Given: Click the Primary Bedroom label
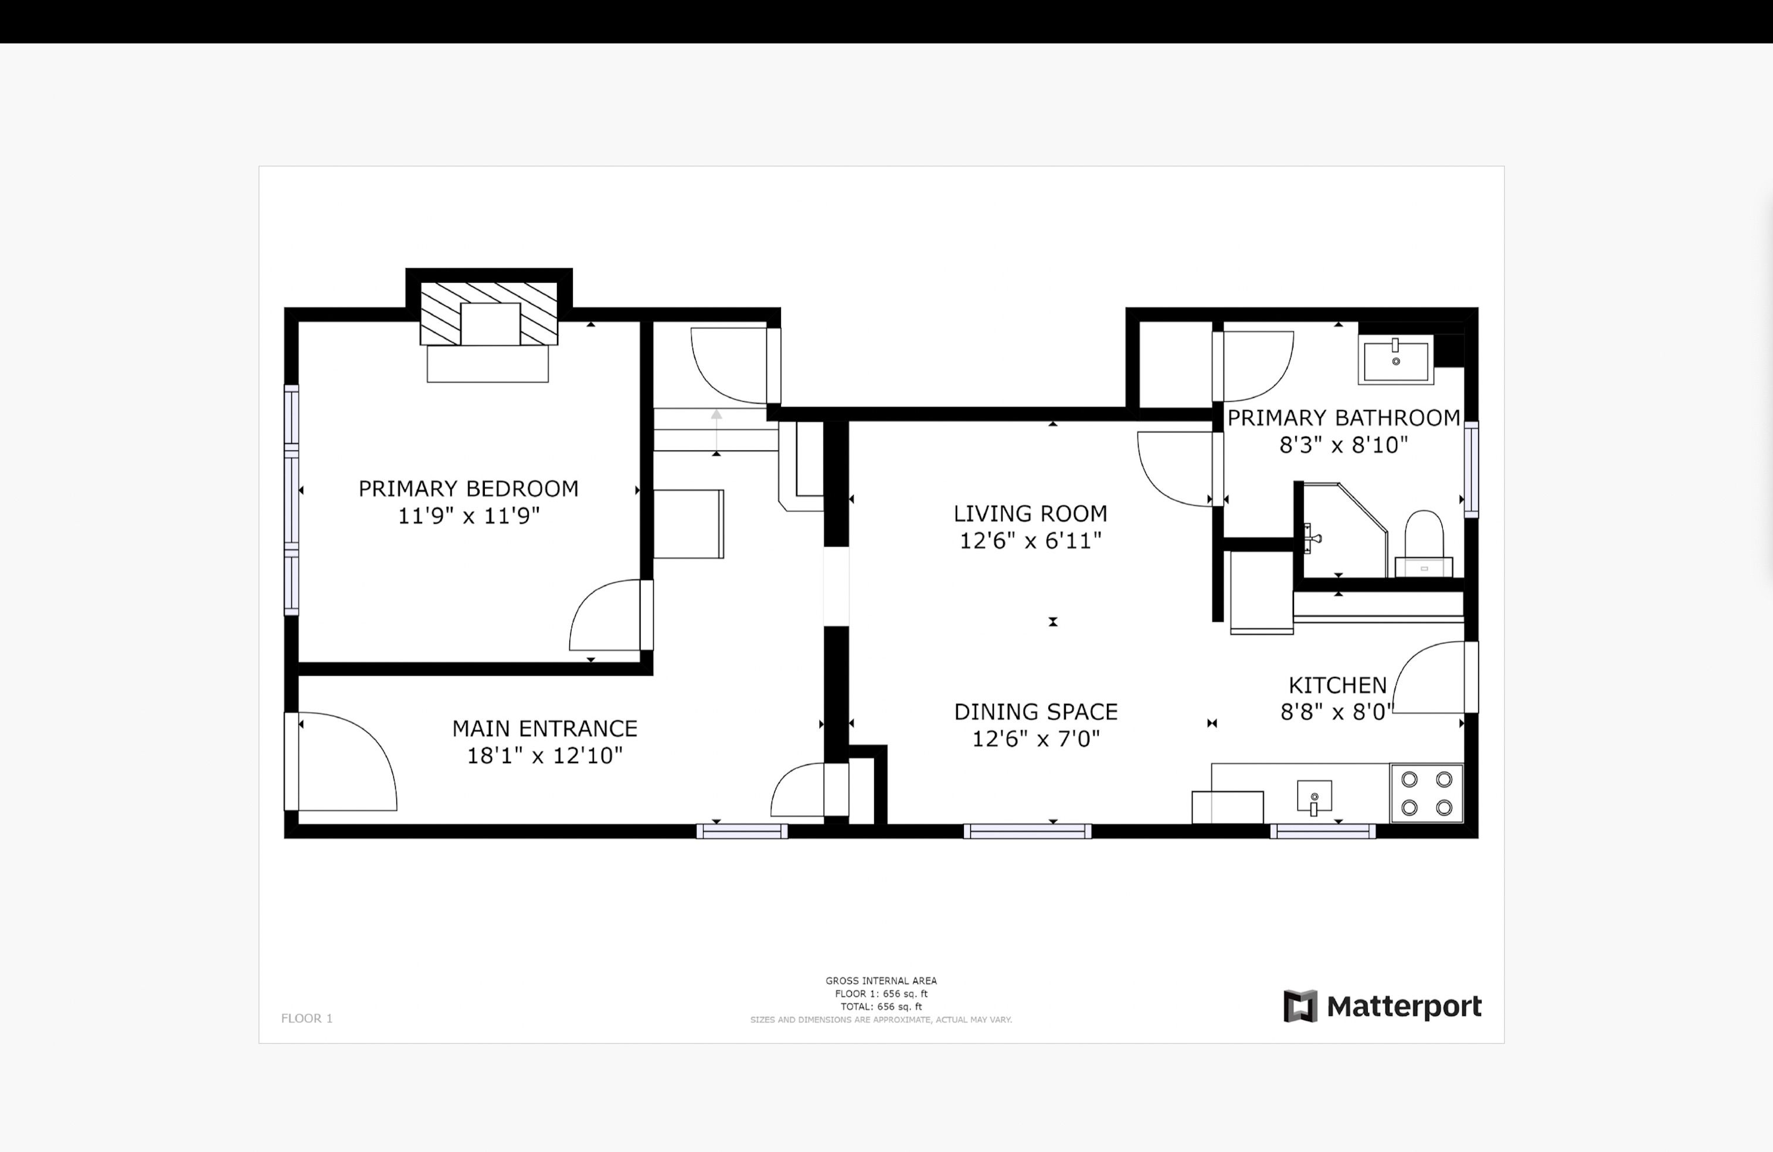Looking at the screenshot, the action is coord(468,489).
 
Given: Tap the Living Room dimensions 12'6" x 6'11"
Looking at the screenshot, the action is coord(1030,540).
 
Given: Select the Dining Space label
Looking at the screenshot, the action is coord(1036,711).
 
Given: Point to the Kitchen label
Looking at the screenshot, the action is coord(1337,685).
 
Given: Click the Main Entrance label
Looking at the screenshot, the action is coord(545,728).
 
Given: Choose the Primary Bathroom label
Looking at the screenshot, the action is coord(1344,418).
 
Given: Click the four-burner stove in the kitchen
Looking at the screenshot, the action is coord(1426,793).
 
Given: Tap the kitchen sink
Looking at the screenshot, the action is coord(1314,797).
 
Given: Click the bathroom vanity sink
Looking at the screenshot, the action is coord(1395,360).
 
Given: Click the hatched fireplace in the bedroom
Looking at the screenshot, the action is coord(489,314).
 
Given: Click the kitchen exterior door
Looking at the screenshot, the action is coord(1435,677).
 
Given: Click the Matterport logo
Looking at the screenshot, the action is coord(1383,1007).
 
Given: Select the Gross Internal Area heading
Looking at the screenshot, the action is coord(881,981).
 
